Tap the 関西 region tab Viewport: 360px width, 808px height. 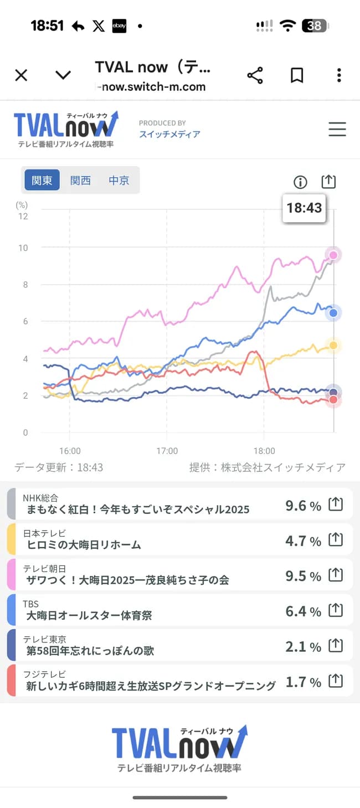coord(80,181)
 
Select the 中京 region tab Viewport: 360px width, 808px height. coord(119,181)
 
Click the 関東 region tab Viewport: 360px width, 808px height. coord(42,181)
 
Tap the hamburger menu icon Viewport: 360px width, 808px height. coord(337,129)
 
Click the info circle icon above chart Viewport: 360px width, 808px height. coord(300,182)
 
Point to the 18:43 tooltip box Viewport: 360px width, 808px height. coord(304,208)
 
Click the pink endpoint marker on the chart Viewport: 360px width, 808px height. coord(333,255)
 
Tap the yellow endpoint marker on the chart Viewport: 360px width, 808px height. coord(333,346)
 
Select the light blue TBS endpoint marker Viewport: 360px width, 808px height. coord(333,313)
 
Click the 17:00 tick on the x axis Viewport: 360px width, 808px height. coord(167,451)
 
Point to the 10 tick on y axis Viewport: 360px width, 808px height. coord(23,248)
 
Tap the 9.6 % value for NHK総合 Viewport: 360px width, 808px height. coord(303,506)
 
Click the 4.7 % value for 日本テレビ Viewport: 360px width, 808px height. coord(303,541)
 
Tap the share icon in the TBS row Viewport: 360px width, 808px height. coord(336,610)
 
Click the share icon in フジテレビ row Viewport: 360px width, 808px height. coord(336,681)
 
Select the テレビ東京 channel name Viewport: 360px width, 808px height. coord(44,639)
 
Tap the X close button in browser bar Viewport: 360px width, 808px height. coord(21,75)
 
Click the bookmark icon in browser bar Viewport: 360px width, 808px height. coord(297,75)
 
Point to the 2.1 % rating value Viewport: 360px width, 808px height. coord(303,647)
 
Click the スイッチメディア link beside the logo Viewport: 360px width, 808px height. coord(169,134)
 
